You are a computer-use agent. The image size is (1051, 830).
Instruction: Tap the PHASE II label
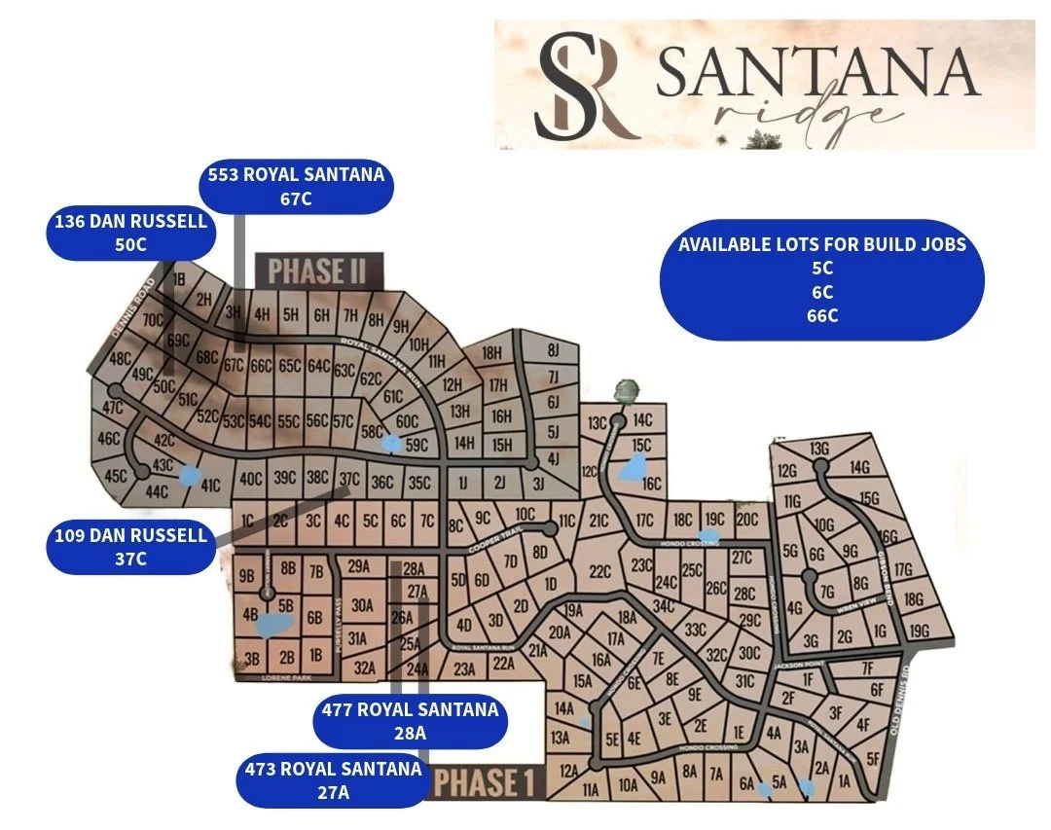318,271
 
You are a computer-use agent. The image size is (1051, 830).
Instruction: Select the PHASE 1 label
484,781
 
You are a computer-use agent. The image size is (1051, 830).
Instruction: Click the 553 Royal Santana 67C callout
297,187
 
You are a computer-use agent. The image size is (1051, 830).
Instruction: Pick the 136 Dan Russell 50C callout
129,233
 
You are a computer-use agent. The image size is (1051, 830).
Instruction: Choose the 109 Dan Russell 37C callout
129,546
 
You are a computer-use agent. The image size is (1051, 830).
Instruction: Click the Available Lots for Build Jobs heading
822,243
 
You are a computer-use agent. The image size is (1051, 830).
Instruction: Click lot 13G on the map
819,449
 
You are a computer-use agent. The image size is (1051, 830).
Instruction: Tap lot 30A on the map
362,605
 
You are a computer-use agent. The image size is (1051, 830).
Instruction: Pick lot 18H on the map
492,353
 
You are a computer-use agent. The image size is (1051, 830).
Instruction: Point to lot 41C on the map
211,484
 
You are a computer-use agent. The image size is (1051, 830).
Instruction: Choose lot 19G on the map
921,632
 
